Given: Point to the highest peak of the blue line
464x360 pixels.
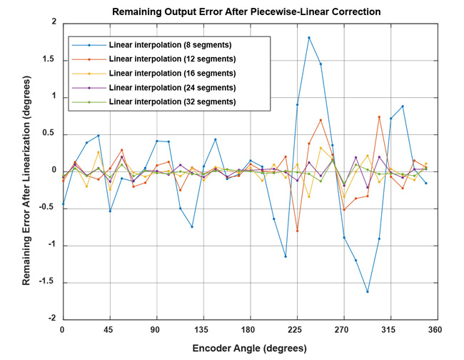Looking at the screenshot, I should coord(309,37).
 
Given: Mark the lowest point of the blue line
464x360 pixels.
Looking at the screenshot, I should coord(368,291).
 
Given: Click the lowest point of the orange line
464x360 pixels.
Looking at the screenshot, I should coord(297,231).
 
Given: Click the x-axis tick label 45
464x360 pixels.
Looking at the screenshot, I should coord(109,329).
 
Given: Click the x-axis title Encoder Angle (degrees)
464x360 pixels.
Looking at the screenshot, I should coord(250,349).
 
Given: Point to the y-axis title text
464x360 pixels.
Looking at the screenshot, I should coord(26,171).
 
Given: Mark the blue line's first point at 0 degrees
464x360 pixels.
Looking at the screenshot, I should coord(63,204).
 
